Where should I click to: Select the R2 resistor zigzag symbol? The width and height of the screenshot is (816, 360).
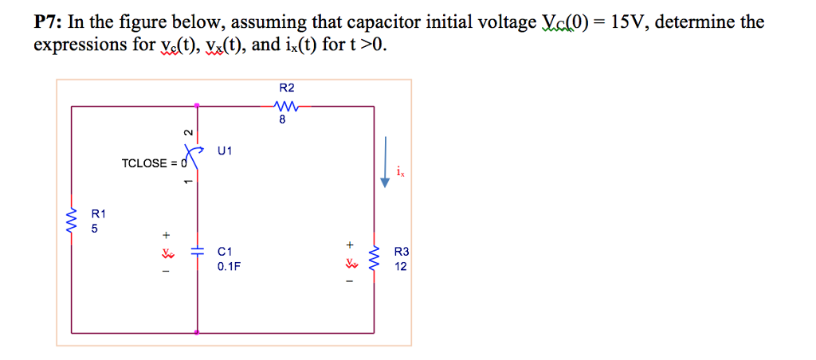(285, 106)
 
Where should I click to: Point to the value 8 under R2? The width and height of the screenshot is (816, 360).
(283, 121)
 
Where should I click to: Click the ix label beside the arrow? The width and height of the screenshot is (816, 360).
(400, 170)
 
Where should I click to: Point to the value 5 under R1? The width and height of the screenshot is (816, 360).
(96, 229)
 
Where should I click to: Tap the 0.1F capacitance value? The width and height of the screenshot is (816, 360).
(228, 267)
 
